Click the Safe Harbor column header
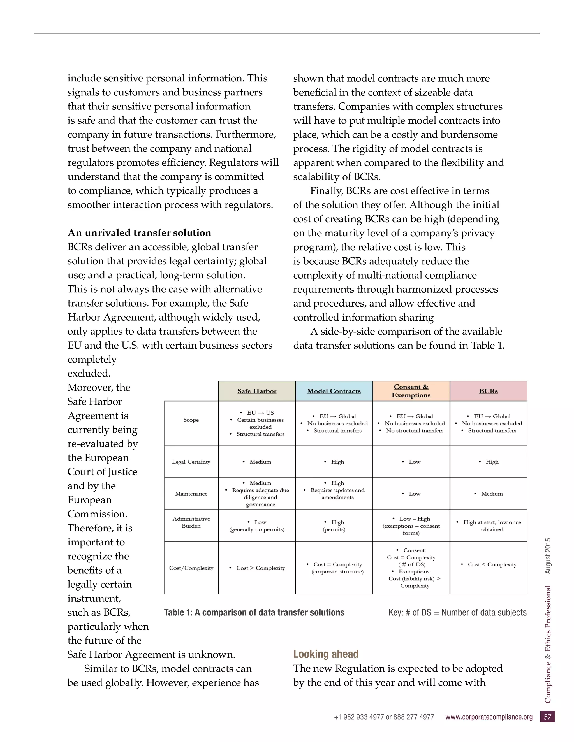(257, 391)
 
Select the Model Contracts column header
(334, 391)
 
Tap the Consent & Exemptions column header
(411, 391)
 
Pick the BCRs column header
(488, 391)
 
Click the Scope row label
(191, 420)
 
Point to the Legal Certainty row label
(191, 462)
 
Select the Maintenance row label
(191, 494)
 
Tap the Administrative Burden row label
(191, 522)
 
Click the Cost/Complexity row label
(191, 568)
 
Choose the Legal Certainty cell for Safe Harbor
(257, 462)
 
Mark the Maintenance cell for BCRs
(489, 494)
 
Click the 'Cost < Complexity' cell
(489, 564)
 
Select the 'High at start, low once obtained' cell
(489, 526)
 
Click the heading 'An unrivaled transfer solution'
(139, 233)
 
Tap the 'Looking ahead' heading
(326, 654)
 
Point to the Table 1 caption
(254, 613)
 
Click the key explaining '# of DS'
(457, 613)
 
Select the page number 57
(547, 717)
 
